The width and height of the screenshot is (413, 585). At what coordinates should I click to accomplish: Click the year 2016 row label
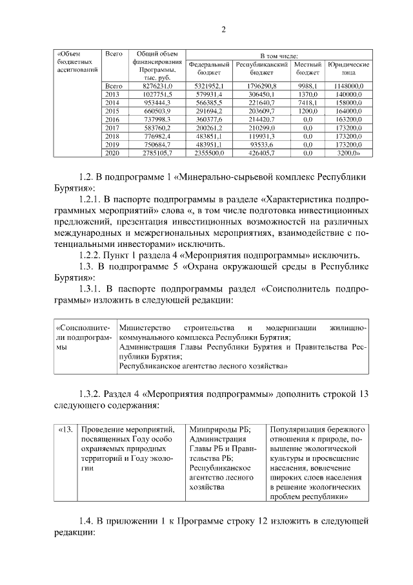[112, 120]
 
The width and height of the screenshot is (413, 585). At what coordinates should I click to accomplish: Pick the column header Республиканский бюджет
[261, 69]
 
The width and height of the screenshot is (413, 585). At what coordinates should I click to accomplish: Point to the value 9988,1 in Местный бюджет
[307, 85]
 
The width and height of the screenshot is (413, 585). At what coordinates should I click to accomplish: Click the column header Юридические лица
[348, 69]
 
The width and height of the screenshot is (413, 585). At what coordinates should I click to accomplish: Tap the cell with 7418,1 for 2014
[307, 103]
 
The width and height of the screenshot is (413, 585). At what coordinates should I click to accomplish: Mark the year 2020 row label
[112, 153]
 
